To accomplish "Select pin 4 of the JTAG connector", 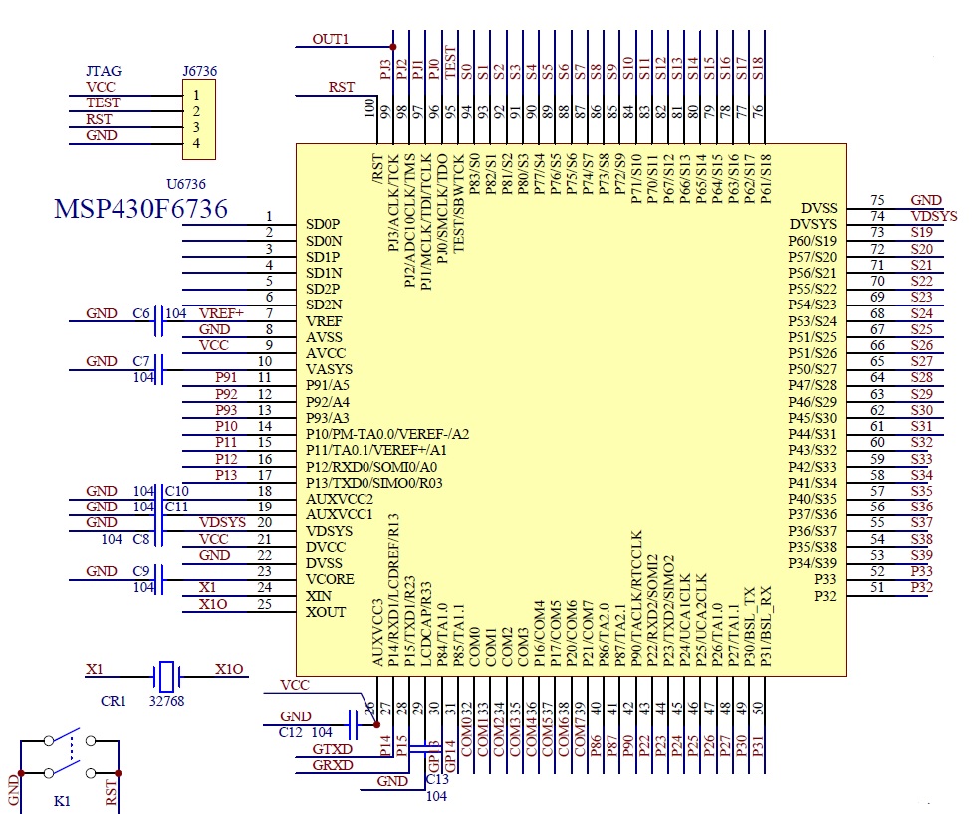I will tap(197, 143).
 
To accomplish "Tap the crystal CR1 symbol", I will tap(167, 677).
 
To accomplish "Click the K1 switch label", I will tap(62, 800).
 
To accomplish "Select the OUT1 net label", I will tap(331, 40).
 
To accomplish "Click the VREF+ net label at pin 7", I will tap(222, 313).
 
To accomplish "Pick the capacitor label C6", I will tap(141, 313).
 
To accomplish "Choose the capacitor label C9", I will tap(141, 571).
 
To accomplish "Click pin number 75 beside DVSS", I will tap(877, 201).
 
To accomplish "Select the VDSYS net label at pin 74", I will tap(933, 216).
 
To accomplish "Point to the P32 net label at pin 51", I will tap(922, 587).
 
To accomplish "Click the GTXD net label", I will tap(332, 749).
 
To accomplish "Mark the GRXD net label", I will tap(332, 765).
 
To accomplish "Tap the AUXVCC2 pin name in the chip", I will tap(339, 499).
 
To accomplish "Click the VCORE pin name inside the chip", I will tap(329, 578).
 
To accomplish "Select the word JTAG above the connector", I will tap(103, 72).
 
